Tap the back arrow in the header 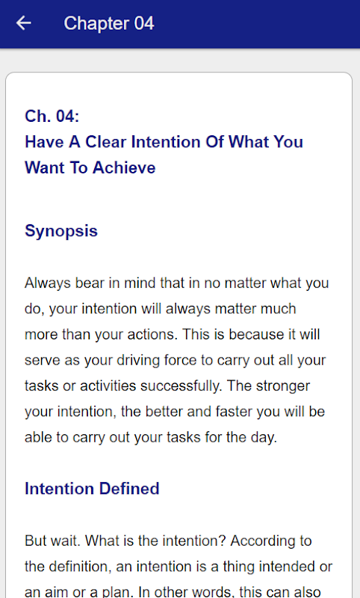(x=24, y=23)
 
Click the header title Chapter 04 (x=109, y=24)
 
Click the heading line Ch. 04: (x=52, y=117)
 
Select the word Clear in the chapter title (x=105, y=142)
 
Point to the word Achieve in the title (x=124, y=167)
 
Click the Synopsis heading (x=61, y=232)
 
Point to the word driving (x=138, y=361)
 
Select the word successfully (x=181, y=386)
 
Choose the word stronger (x=282, y=386)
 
